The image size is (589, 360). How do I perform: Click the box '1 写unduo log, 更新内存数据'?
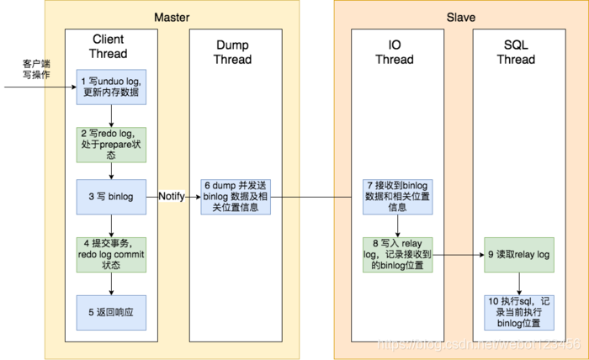pos(111,87)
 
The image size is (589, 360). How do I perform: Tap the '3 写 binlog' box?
pos(111,196)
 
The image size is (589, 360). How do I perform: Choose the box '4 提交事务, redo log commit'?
pos(111,254)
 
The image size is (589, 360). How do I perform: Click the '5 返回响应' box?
pos(111,312)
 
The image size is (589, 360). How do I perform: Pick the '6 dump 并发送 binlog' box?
pos(236,196)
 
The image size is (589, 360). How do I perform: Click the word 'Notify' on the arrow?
pos(172,196)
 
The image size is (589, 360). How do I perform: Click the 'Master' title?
pos(172,18)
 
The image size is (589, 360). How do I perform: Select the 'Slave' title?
pos(459,18)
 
